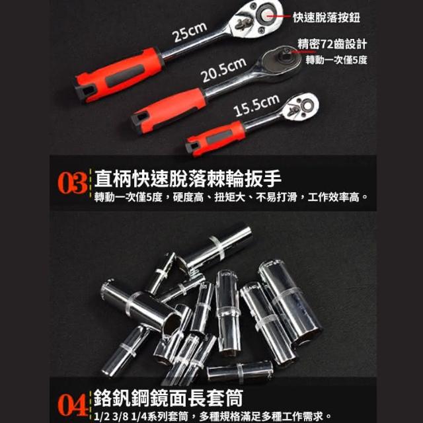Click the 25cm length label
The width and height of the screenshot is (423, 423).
click(x=190, y=32)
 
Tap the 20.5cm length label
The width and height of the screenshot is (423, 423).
click(x=223, y=70)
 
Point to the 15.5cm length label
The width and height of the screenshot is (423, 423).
click(x=256, y=105)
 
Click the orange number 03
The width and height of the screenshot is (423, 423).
click(x=72, y=184)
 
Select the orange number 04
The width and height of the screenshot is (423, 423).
click(x=72, y=405)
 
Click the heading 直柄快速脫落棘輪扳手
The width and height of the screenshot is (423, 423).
click(x=188, y=178)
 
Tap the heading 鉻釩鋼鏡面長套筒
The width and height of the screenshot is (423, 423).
click(x=169, y=398)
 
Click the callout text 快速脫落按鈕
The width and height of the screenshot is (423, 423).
click(x=327, y=18)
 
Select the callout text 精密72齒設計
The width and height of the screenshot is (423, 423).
click(x=332, y=44)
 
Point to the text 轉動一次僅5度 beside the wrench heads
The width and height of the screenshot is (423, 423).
click(x=336, y=59)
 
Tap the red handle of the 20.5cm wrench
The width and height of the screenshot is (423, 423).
click(x=169, y=110)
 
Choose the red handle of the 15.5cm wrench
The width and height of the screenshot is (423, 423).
click(x=216, y=138)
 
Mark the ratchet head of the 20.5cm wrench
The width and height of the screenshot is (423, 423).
click(x=280, y=62)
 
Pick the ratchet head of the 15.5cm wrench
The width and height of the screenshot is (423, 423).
click(x=301, y=107)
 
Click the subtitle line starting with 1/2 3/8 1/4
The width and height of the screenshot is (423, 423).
click(x=212, y=416)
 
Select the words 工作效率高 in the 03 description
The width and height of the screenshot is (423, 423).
click(x=333, y=197)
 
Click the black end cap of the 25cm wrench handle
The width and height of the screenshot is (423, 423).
click(x=85, y=93)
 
